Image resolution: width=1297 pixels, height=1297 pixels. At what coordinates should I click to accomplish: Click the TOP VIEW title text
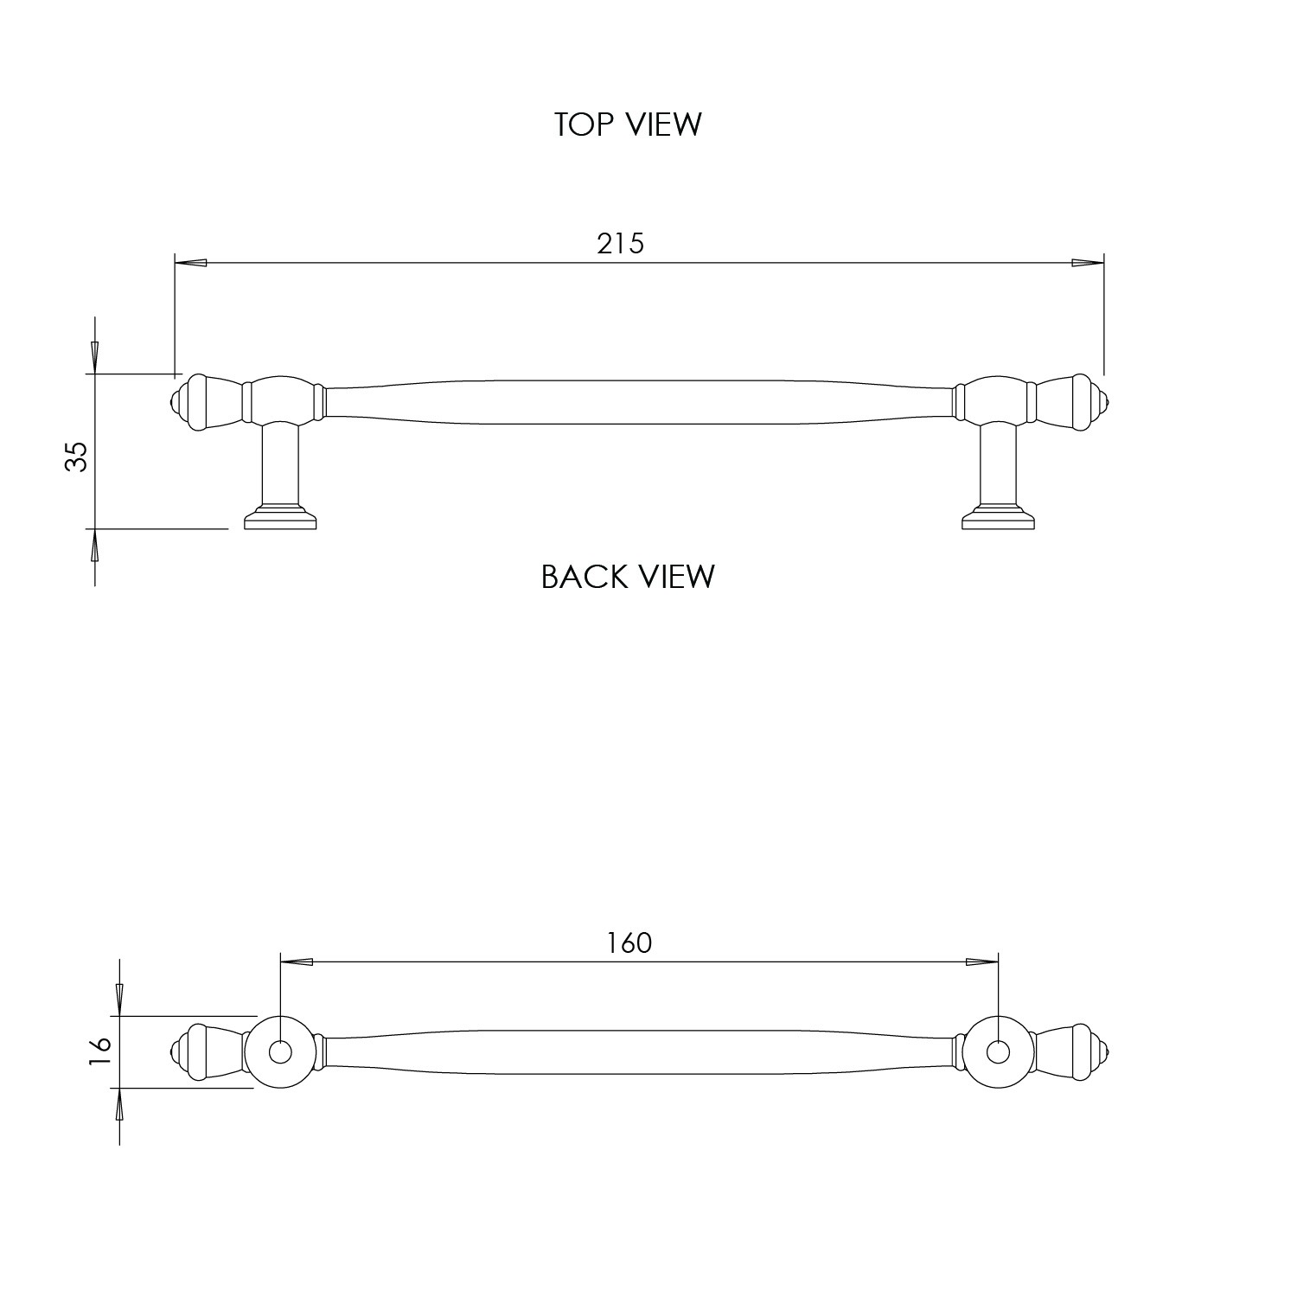pos(628,125)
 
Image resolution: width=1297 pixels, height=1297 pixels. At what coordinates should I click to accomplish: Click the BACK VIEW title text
pos(628,576)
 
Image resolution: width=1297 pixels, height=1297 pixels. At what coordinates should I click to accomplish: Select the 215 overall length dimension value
pos(620,244)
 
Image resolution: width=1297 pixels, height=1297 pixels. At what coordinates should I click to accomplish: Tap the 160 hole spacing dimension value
pos(629,942)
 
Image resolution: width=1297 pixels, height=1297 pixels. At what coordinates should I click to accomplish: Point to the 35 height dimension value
pos(78,456)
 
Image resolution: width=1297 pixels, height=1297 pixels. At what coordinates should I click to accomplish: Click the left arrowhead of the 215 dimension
pos(190,263)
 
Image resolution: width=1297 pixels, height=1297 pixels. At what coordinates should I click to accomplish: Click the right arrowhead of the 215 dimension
pos(1088,263)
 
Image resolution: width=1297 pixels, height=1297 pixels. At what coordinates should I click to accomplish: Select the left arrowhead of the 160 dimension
pos(297,962)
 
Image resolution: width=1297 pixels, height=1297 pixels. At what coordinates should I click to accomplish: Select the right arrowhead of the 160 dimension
pos(982,962)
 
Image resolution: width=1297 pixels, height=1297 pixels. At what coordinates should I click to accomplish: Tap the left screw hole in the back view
pos(279,1052)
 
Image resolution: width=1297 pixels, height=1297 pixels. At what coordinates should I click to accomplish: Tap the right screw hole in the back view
pos(998,1052)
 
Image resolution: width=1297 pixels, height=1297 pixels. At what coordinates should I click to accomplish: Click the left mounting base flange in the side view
pos(280,520)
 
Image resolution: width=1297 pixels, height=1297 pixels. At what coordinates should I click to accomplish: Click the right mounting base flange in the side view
pos(999,520)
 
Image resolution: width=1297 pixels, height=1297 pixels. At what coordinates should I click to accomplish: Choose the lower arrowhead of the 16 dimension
pos(119,1104)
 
